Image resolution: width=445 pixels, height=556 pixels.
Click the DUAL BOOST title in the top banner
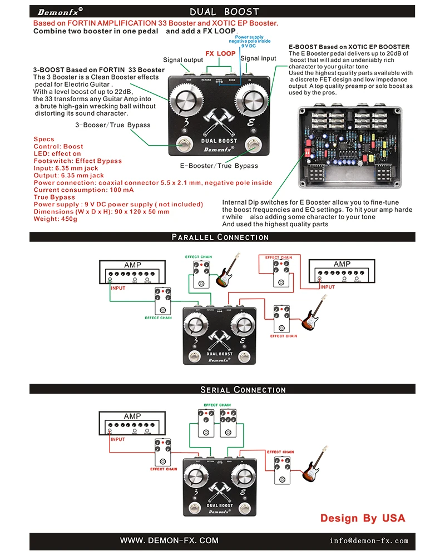pyautogui.click(x=224, y=11)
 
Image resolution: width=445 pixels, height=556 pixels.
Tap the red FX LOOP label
pyautogui.click(x=220, y=54)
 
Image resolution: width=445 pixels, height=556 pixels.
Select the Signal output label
pyautogui.click(x=183, y=60)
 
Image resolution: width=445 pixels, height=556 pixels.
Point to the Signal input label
pyautogui.click(x=258, y=58)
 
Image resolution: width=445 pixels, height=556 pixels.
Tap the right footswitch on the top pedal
pyautogui.click(x=254, y=145)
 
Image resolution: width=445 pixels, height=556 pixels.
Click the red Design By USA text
pyautogui.click(x=363, y=518)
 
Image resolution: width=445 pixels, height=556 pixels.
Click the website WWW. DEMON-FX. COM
pyautogui.click(x=170, y=540)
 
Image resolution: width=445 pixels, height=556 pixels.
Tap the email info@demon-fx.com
pyautogui.click(x=369, y=540)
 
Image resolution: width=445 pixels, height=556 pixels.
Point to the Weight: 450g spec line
pyautogui.click(x=56, y=219)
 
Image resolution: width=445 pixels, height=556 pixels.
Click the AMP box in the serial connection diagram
pyautogui.click(x=132, y=423)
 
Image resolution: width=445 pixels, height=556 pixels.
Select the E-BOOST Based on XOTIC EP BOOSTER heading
pyautogui.click(x=349, y=47)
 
